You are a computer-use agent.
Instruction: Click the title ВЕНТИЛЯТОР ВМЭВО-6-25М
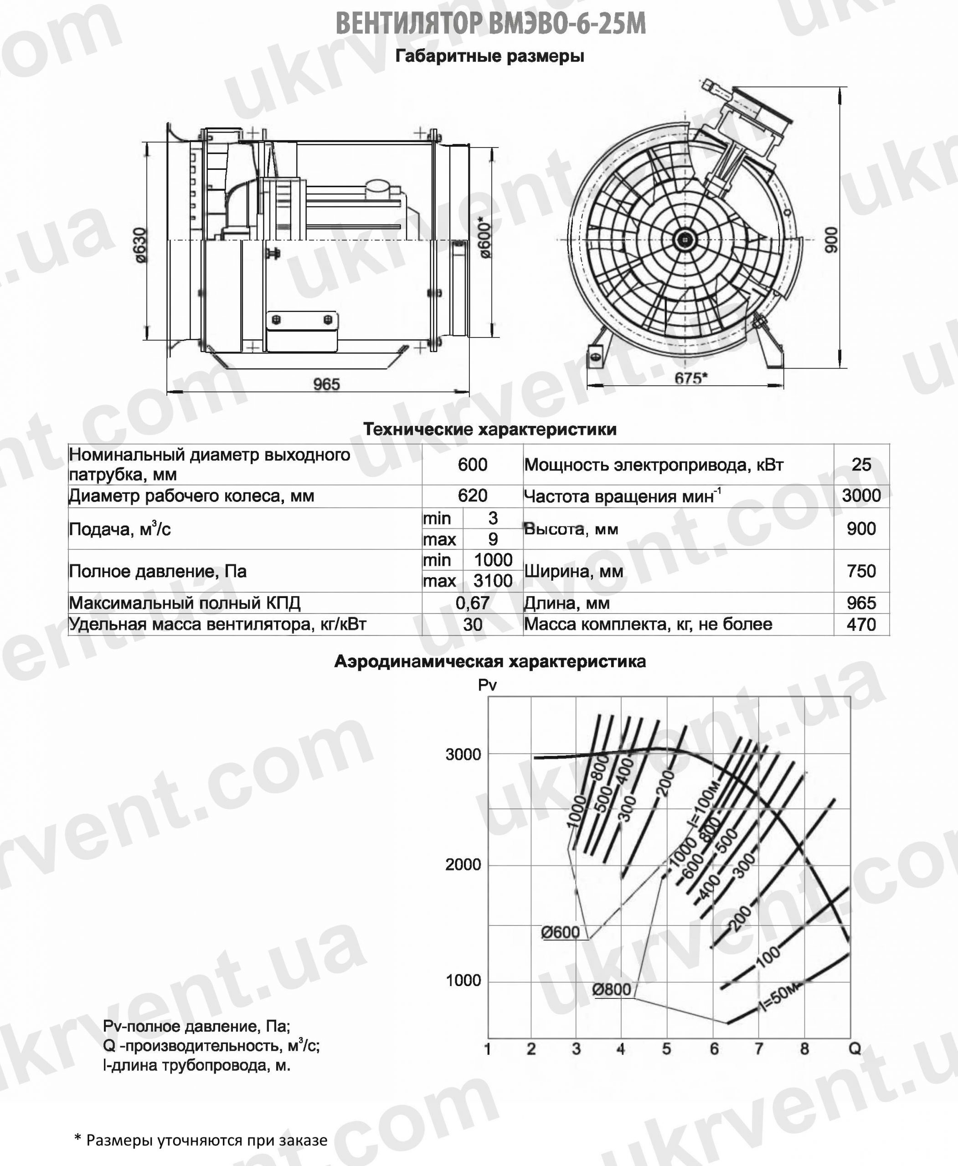(490, 24)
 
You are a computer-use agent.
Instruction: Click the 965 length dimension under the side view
(326, 384)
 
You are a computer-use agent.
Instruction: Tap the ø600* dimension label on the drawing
(484, 237)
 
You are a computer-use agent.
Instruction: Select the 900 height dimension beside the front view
(830, 240)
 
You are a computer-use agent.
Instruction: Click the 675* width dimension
(691, 378)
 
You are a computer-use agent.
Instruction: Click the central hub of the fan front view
(685, 240)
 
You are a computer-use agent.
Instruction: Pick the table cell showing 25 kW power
(861, 465)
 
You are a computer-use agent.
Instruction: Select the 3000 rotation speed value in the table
(861, 495)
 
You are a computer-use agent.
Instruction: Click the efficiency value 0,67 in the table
(472, 602)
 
